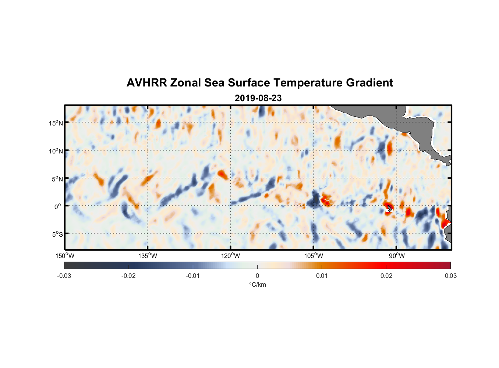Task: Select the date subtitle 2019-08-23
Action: tap(258, 98)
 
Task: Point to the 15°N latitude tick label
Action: tap(56, 123)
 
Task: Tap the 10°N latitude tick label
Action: tap(56, 151)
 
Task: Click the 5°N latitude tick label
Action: tap(57, 179)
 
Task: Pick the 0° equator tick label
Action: tap(58, 206)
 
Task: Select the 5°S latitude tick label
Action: tap(57, 234)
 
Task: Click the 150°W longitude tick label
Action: tap(65, 256)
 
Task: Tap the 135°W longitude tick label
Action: tap(148, 256)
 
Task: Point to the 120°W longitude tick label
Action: tap(230, 256)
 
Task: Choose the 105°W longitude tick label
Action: tap(314, 256)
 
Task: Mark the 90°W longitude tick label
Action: tap(396, 256)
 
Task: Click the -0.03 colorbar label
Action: tap(64, 276)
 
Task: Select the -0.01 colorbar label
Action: tap(193, 276)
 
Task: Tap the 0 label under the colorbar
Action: tap(257, 276)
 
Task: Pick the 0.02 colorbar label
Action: tap(386, 276)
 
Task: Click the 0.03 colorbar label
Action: tap(450, 276)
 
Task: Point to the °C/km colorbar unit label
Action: tap(257, 284)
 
